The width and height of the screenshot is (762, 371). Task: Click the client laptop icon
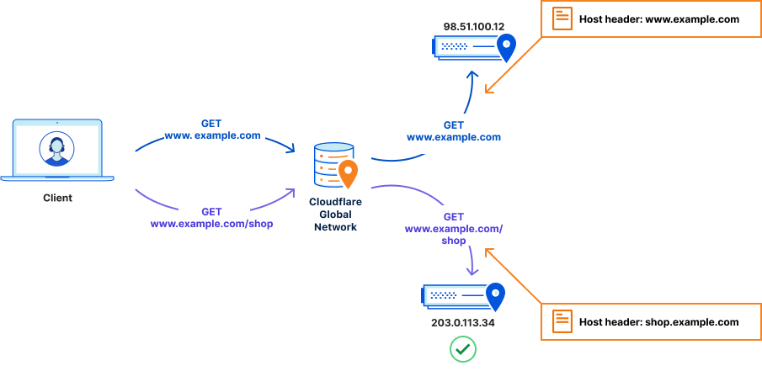click(x=57, y=151)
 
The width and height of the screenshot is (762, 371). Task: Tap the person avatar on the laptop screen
click(x=56, y=150)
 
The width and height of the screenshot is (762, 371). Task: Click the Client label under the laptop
click(x=57, y=199)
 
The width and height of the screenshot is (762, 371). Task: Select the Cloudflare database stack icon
click(x=330, y=165)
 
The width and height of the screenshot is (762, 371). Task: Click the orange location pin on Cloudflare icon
click(x=348, y=173)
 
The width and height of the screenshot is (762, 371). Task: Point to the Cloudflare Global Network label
click(x=335, y=215)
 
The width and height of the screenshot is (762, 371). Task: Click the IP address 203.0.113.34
click(x=462, y=322)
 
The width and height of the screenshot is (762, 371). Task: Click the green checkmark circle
click(x=462, y=349)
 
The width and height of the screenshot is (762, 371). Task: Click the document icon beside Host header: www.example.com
click(x=562, y=19)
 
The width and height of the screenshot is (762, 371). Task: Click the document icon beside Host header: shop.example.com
click(x=562, y=321)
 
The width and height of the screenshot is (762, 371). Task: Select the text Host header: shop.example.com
click(x=658, y=322)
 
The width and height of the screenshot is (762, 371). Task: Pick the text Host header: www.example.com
click(x=658, y=19)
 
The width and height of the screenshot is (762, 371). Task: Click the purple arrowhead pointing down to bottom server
click(x=472, y=271)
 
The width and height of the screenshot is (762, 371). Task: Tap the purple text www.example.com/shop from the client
click(x=211, y=224)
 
